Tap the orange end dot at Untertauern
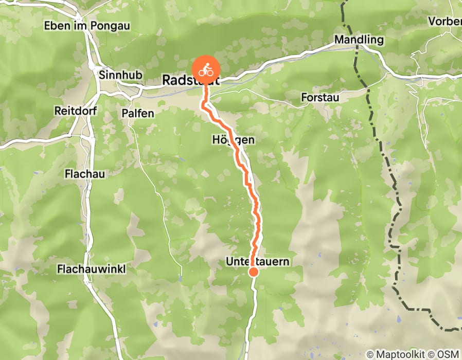(x=253, y=272)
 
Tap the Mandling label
(x=359, y=40)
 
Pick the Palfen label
(x=138, y=113)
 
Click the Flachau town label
(x=85, y=174)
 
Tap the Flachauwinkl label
(x=92, y=269)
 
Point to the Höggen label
(x=233, y=140)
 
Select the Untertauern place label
(x=257, y=262)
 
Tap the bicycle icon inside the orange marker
(x=206, y=67)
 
